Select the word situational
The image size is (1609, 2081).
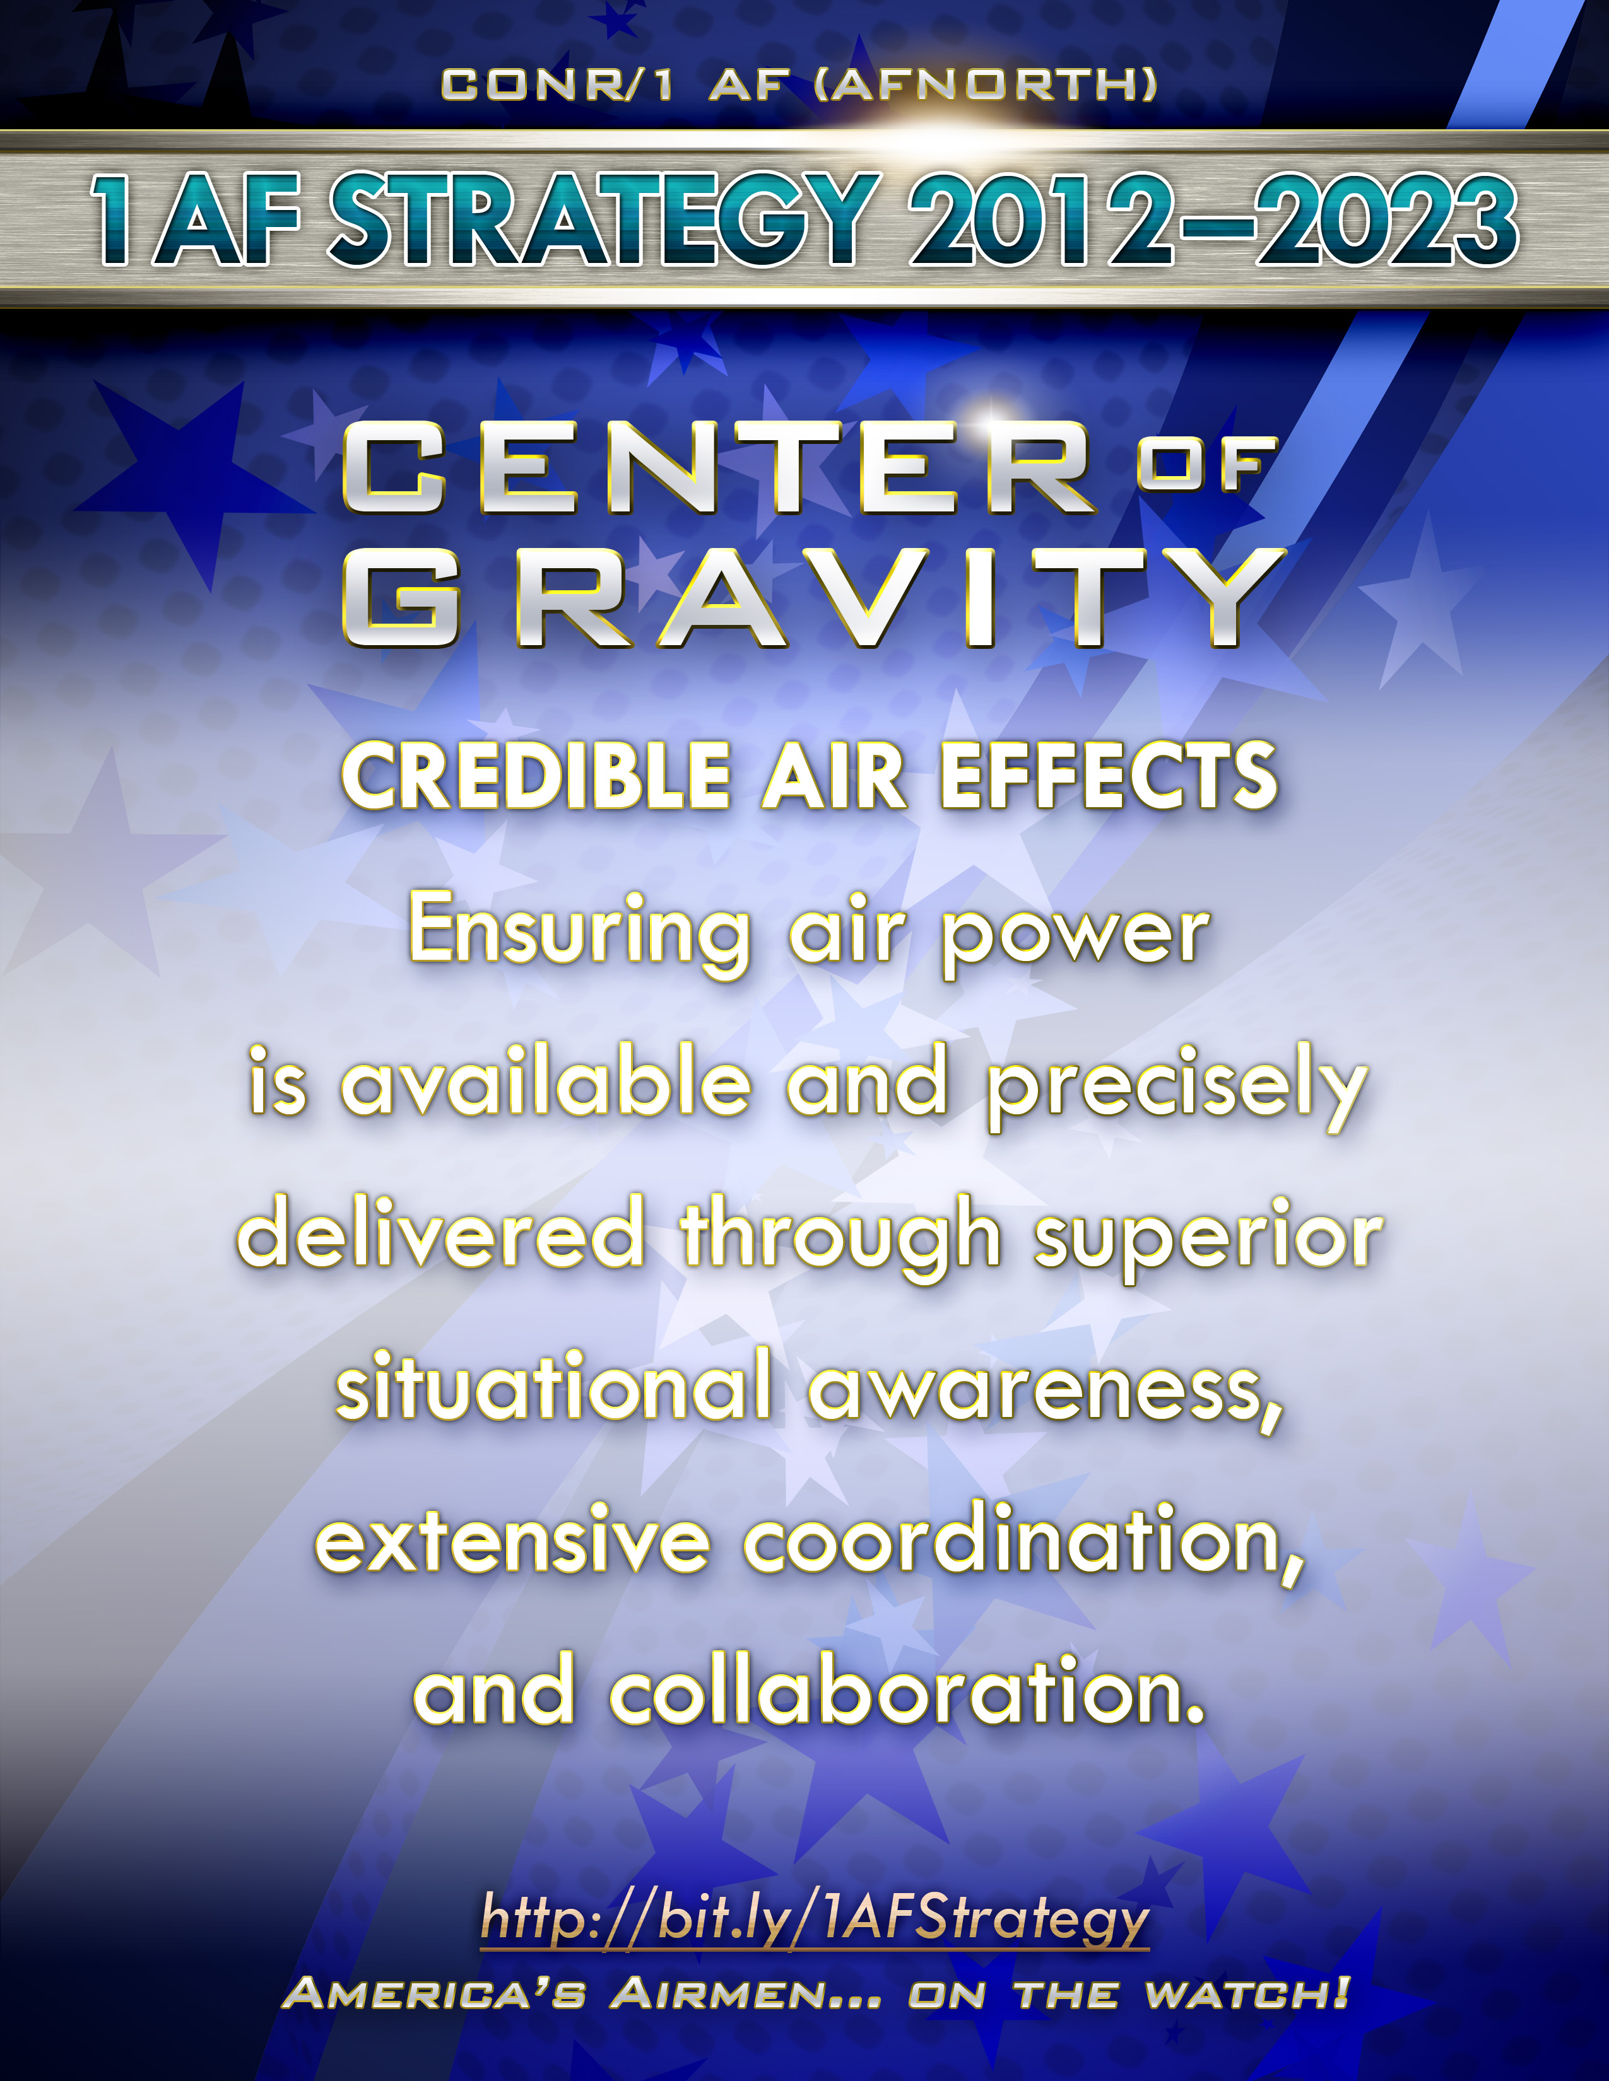[x=554, y=1384]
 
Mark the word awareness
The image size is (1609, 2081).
[x=1046, y=1394]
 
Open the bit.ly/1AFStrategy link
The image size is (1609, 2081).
[x=815, y=1918]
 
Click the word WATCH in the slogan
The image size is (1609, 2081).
[x=1247, y=1993]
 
